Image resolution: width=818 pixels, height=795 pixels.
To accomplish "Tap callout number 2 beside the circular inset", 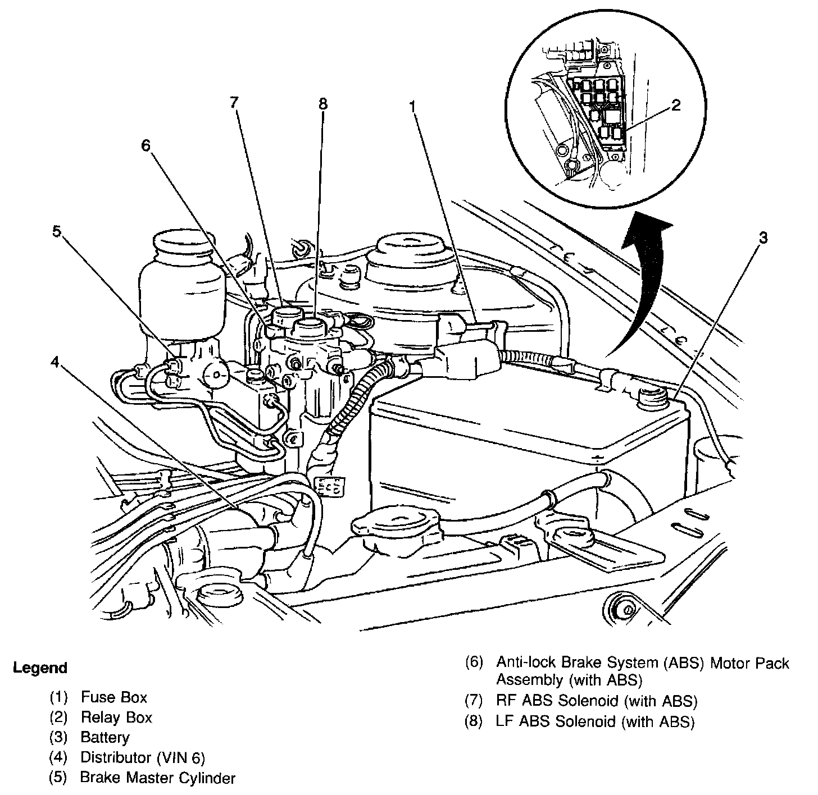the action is [x=675, y=105].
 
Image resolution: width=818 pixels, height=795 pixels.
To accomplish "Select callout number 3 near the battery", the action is [x=764, y=237].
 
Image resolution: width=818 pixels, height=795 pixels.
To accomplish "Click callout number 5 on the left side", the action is [x=57, y=231].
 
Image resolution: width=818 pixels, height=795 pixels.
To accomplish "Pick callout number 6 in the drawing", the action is [x=146, y=145].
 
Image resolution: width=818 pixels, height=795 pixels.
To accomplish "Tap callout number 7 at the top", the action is [x=234, y=102].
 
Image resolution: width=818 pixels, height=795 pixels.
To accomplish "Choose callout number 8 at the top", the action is [x=323, y=104].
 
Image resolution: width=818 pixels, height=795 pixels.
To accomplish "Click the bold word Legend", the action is [x=40, y=668].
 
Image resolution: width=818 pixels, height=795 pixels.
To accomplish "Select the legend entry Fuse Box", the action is [x=114, y=697].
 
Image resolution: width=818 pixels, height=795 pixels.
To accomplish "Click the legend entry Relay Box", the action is [x=116, y=718].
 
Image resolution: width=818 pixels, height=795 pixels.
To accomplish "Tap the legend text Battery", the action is [x=105, y=738].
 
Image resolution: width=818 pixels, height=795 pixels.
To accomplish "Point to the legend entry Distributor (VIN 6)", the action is [x=143, y=757].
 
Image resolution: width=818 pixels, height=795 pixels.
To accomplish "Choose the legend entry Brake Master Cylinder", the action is [x=158, y=778].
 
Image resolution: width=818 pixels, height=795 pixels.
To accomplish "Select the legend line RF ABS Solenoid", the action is [x=597, y=701].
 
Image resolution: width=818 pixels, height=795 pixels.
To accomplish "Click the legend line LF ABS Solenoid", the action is [x=595, y=721].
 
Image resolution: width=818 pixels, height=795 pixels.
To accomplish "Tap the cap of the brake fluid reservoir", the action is [x=183, y=244].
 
